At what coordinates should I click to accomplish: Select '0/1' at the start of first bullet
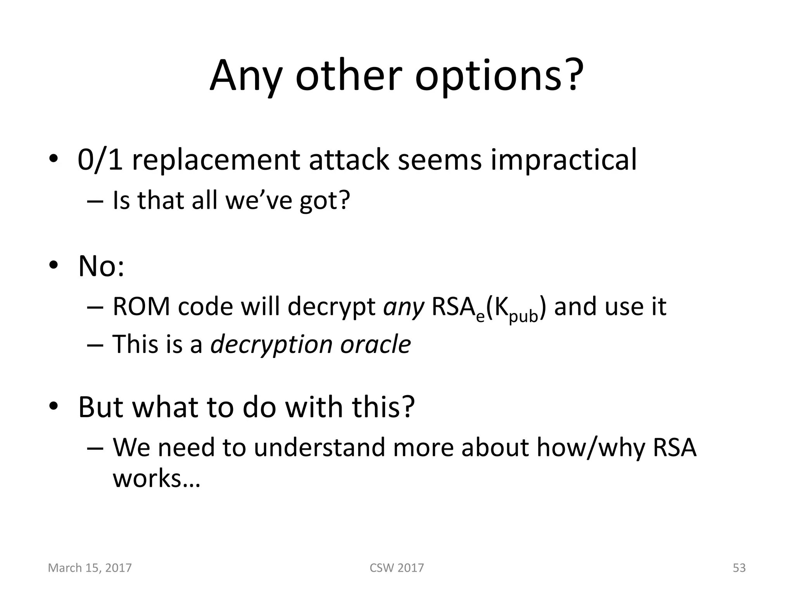pyautogui.click(x=100, y=160)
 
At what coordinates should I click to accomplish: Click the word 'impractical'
pyautogui.click(x=563, y=160)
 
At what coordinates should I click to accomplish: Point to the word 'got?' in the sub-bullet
pyautogui.click(x=325, y=201)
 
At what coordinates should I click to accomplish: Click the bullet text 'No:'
pyautogui.click(x=101, y=267)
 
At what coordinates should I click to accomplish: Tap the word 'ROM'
pyautogui.click(x=141, y=307)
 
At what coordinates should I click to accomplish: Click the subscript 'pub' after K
pyautogui.click(x=523, y=316)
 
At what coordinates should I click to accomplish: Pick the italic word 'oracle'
pyautogui.click(x=375, y=344)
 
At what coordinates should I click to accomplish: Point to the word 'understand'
pyautogui.click(x=319, y=447)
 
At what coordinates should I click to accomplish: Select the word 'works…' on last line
pyautogui.click(x=156, y=478)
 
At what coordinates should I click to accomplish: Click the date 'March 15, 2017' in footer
pyautogui.click(x=90, y=568)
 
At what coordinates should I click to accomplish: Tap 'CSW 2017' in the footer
pyautogui.click(x=397, y=568)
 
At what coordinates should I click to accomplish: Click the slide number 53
pyautogui.click(x=739, y=568)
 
